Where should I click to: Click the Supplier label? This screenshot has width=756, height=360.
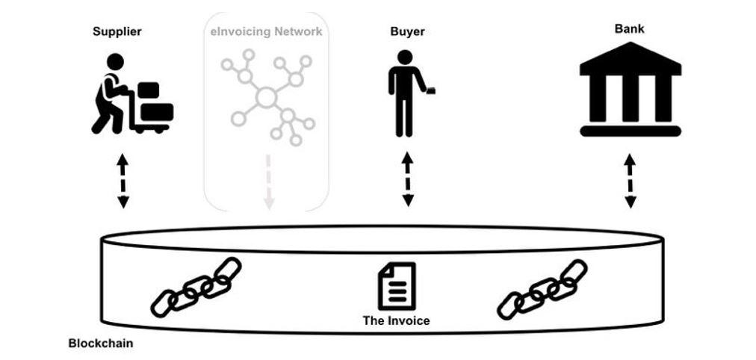click(x=117, y=31)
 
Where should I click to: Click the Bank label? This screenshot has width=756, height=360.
click(x=630, y=29)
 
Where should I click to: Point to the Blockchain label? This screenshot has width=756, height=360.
click(x=101, y=344)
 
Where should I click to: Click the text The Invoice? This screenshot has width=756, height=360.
click(x=396, y=321)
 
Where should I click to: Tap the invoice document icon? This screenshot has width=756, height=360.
click(x=396, y=286)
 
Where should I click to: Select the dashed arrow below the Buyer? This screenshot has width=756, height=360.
click(x=407, y=180)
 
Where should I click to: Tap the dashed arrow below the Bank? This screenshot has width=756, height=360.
click(x=630, y=181)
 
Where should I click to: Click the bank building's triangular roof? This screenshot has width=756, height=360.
click(x=630, y=60)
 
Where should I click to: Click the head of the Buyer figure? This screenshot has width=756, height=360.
click(x=404, y=58)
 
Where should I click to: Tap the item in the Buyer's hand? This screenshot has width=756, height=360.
click(x=431, y=91)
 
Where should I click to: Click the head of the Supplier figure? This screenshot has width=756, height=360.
click(x=115, y=61)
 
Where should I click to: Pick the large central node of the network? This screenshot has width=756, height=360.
click(x=267, y=96)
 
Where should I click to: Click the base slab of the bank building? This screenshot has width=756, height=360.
click(x=630, y=131)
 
